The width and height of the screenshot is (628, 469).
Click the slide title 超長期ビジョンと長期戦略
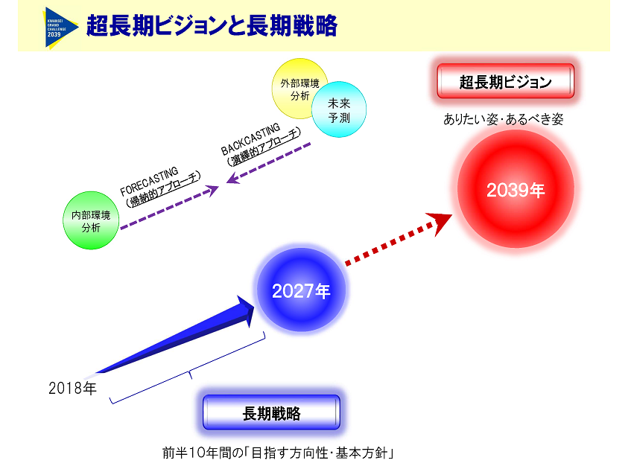[x=212, y=26]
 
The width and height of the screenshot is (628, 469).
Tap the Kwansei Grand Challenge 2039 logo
[x=60, y=27]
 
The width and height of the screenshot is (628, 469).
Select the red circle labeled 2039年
[x=516, y=189]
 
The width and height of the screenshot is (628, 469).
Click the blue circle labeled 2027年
[x=301, y=291]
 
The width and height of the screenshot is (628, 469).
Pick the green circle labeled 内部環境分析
[x=91, y=221]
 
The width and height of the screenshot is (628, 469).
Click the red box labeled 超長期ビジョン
[x=505, y=82]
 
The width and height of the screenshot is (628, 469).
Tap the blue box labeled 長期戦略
[x=271, y=413]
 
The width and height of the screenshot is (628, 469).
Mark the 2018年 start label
[x=72, y=388]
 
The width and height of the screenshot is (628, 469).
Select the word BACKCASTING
[x=250, y=138]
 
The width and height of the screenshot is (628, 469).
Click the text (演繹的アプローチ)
[x=264, y=150]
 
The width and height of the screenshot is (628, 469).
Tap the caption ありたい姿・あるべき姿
[x=503, y=119]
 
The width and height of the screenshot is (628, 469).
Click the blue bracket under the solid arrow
[x=190, y=372]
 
